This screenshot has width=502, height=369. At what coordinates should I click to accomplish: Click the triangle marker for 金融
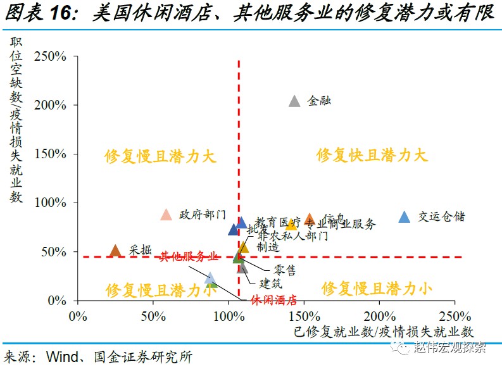coord(294,101)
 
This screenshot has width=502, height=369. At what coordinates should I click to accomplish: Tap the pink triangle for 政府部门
coord(166,215)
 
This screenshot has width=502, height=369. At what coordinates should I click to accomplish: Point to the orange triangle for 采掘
coord(115,251)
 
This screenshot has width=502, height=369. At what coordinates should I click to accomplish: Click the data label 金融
coord(320,101)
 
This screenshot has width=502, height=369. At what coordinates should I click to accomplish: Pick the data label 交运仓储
coord(441,216)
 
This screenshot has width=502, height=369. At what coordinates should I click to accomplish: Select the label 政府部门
coord(202,214)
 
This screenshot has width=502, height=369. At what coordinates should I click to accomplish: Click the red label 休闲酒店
coord(273,300)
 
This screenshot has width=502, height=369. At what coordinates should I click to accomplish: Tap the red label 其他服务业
coord(188,256)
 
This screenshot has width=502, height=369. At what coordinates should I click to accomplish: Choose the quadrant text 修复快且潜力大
coord(372,155)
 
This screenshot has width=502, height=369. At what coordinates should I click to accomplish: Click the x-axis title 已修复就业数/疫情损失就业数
coord(384,331)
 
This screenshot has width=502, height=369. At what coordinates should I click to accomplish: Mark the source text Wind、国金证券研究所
coord(120,356)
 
